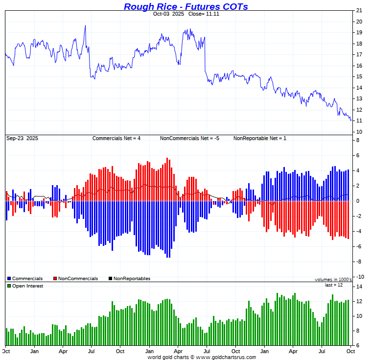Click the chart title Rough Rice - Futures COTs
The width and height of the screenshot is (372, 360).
[186, 6]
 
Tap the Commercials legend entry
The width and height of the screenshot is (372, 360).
[27, 279]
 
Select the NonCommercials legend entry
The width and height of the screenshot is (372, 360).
[78, 279]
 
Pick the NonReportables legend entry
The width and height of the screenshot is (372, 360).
[132, 279]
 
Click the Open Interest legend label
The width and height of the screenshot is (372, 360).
[27, 286]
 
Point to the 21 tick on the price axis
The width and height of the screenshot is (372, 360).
[359, 10]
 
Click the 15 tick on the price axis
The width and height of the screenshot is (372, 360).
[359, 77]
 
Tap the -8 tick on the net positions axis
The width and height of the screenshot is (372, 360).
[358, 262]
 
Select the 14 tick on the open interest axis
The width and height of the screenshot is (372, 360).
[359, 287]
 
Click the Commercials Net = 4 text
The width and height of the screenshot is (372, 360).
[116, 139]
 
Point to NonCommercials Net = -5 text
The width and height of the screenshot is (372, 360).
[189, 139]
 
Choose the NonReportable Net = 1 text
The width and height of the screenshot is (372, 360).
[260, 139]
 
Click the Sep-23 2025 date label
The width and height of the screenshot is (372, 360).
[22, 139]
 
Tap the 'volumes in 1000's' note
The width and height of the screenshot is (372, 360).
[333, 280]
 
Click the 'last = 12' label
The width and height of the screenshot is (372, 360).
[334, 285]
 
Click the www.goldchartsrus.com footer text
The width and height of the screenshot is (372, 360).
[226, 357]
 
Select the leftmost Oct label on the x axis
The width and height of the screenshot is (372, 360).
[6, 351]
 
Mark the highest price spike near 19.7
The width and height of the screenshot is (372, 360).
[85, 25]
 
